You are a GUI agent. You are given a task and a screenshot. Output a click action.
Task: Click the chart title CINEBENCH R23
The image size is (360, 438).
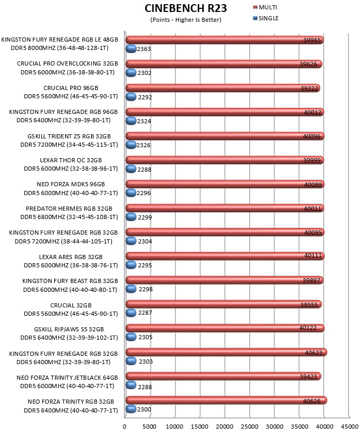(186, 8)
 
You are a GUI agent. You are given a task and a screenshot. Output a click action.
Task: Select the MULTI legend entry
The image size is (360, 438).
(265, 7)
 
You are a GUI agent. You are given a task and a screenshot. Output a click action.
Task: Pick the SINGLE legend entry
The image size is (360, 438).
(266, 18)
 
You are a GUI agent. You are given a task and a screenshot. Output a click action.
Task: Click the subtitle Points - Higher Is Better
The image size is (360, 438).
(186, 20)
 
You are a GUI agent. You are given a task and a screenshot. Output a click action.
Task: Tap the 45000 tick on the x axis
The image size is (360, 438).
(350, 427)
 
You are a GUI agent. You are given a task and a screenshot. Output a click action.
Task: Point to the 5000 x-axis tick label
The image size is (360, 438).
(149, 427)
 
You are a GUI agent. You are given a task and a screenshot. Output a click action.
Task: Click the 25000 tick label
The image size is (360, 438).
(249, 427)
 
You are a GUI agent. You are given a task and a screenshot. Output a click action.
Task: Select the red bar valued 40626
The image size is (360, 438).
(226, 401)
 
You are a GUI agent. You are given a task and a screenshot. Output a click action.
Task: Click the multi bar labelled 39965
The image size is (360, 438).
(225, 40)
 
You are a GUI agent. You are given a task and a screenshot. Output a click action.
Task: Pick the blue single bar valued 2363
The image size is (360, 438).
(131, 49)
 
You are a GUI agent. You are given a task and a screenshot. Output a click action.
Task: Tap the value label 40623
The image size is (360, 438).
(314, 353)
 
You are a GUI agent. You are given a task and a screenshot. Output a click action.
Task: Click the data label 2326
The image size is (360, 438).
(143, 145)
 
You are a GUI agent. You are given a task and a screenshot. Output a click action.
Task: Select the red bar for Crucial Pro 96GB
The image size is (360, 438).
(223, 88)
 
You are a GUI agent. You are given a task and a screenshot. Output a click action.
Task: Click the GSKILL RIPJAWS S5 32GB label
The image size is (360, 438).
(69, 329)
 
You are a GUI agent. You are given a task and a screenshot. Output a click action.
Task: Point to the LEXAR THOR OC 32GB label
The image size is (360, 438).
(71, 160)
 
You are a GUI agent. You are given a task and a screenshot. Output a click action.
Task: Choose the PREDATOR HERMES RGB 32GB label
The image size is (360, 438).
(69, 209)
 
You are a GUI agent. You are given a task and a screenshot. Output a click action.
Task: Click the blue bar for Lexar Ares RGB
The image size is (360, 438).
(131, 265)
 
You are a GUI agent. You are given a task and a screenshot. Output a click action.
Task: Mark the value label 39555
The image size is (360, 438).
(309, 305)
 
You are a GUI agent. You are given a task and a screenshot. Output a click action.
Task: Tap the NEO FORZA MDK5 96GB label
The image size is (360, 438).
(71, 184)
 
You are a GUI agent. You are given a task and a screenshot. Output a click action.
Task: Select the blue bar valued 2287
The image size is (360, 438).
(131, 313)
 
